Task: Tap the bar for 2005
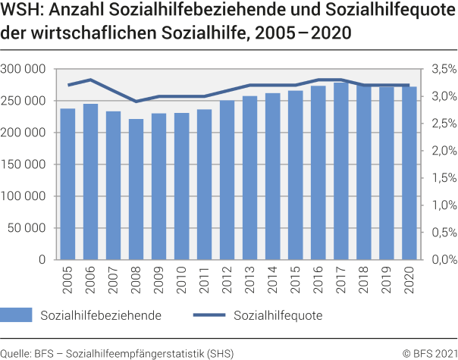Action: [x=67, y=184]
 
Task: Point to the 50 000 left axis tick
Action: [x=28, y=228]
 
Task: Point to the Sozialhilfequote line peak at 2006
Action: [x=91, y=80]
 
